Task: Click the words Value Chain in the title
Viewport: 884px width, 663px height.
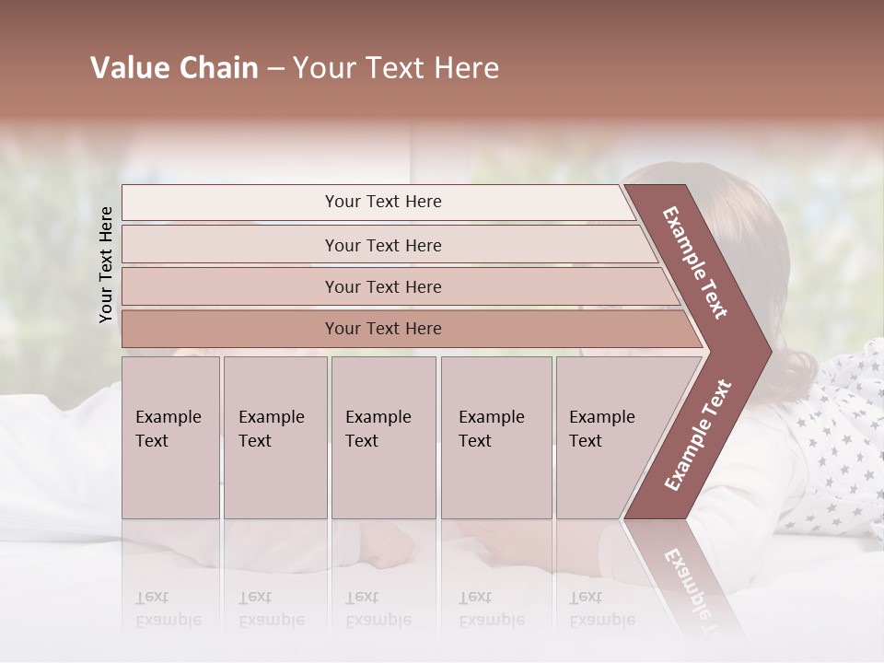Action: click(x=174, y=68)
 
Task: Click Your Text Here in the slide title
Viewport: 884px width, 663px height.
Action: click(x=396, y=68)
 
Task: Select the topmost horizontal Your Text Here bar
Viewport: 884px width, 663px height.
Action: click(x=382, y=202)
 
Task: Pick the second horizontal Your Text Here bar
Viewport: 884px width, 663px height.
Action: click(x=382, y=245)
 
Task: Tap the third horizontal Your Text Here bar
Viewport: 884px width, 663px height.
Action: click(x=382, y=286)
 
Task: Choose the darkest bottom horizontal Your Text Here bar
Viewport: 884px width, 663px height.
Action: click(x=382, y=329)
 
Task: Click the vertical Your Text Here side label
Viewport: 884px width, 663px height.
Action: click(x=106, y=264)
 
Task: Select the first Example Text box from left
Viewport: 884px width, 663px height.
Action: click(x=170, y=437)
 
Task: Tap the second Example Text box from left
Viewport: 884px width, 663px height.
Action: click(x=275, y=437)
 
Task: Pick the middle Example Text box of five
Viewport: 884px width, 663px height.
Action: click(x=383, y=437)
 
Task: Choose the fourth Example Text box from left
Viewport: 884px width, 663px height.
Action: click(x=495, y=437)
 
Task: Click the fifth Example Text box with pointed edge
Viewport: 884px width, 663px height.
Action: click(x=603, y=437)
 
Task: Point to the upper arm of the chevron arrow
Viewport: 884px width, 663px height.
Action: click(x=695, y=262)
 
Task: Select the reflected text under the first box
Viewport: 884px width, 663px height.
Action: click(x=169, y=609)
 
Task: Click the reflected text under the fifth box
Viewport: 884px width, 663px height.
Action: click(x=602, y=609)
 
